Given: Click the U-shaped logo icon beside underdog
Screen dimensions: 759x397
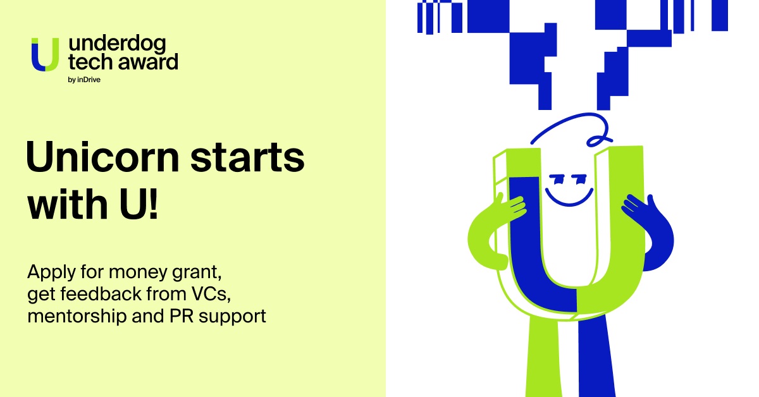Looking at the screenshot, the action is pyautogui.click(x=45, y=54).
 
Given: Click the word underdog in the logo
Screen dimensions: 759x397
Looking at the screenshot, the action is pyautogui.click(x=117, y=44).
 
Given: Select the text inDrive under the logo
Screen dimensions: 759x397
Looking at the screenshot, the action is pyautogui.click(x=89, y=80).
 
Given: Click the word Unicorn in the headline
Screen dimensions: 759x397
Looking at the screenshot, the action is pyautogui.click(x=102, y=157).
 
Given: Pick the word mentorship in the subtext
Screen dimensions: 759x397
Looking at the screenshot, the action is pyautogui.click(x=77, y=315).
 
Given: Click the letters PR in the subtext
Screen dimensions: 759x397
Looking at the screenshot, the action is pyautogui.click(x=181, y=315).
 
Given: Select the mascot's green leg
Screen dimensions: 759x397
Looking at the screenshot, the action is pyautogui.click(x=542, y=356).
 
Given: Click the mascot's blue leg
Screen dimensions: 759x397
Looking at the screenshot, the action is pyautogui.click(x=596, y=356).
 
